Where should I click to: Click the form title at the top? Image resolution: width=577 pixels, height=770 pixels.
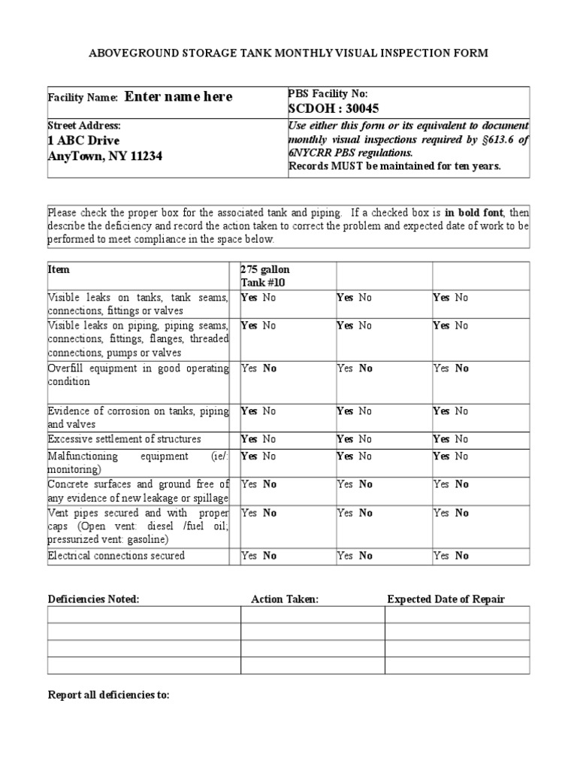click(x=288, y=53)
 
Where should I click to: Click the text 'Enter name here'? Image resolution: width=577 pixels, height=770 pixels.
click(x=178, y=97)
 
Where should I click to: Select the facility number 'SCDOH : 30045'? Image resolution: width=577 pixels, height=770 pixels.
click(x=334, y=108)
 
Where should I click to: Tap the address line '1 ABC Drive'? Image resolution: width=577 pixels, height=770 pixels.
click(x=83, y=141)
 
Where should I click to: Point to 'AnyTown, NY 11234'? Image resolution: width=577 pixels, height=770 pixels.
click(x=104, y=156)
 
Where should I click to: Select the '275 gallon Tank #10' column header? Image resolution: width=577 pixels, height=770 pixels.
click(x=264, y=276)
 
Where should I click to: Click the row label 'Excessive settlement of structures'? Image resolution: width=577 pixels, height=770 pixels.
click(x=125, y=439)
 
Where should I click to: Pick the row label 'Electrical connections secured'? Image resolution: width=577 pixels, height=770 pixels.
click(x=116, y=556)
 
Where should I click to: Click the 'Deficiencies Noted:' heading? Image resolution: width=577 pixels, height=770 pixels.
click(x=94, y=599)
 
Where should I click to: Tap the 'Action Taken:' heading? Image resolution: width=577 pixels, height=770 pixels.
click(x=285, y=599)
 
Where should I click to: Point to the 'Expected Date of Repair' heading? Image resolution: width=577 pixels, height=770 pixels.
click(x=446, y=599)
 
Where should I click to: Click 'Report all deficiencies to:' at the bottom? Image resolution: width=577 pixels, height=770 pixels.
click(x=109, y=696)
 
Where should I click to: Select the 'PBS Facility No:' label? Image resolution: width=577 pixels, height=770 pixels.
click(x=328, y=93)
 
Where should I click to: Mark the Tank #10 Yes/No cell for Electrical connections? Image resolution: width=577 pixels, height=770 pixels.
click(x=258, y=556)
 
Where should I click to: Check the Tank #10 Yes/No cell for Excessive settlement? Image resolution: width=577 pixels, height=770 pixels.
click(x=258, y=439)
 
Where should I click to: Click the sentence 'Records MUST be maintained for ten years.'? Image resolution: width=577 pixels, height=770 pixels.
click(x=394, y=166)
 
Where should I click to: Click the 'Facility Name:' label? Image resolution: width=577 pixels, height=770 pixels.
click(x=83, y=98)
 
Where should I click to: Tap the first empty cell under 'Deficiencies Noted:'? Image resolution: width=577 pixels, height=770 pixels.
click(x=144, y=614)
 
